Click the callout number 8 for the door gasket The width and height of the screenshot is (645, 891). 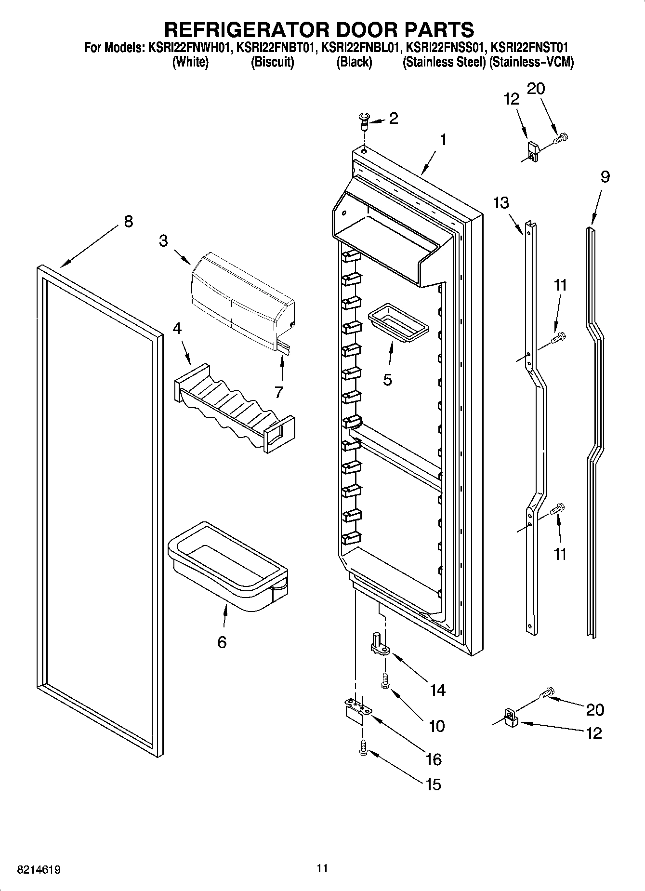[128, 222]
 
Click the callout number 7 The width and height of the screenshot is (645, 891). [278, 392]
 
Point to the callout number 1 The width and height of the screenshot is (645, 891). [442, 140]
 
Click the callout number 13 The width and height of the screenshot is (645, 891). [501, 203]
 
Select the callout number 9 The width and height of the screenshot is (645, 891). [605, 177]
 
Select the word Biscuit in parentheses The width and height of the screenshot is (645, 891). [272, 62]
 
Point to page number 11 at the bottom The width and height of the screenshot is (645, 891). [322, 868]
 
